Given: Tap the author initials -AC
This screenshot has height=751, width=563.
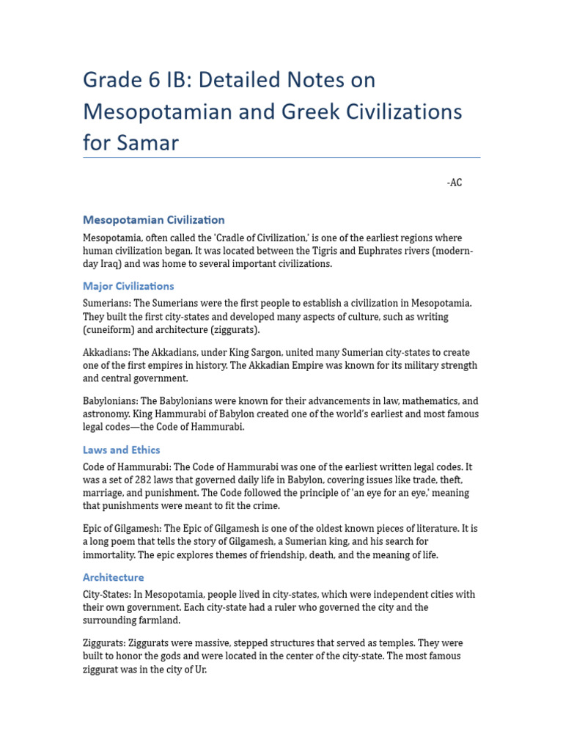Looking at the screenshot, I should [455, 183].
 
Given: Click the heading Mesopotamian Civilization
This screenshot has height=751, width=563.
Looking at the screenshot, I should [154, 220].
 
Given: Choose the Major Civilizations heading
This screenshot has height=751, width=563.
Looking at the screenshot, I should [128, 286].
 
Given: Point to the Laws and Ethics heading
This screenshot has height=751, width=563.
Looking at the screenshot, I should [122, 450].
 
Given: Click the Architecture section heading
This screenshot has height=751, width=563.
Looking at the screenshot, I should [114, 577].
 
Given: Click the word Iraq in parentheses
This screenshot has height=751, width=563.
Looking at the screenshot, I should [114, 264].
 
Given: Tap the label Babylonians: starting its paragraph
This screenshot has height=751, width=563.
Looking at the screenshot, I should [111, 401].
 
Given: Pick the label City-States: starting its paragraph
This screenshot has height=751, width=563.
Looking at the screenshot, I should [107, 594].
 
